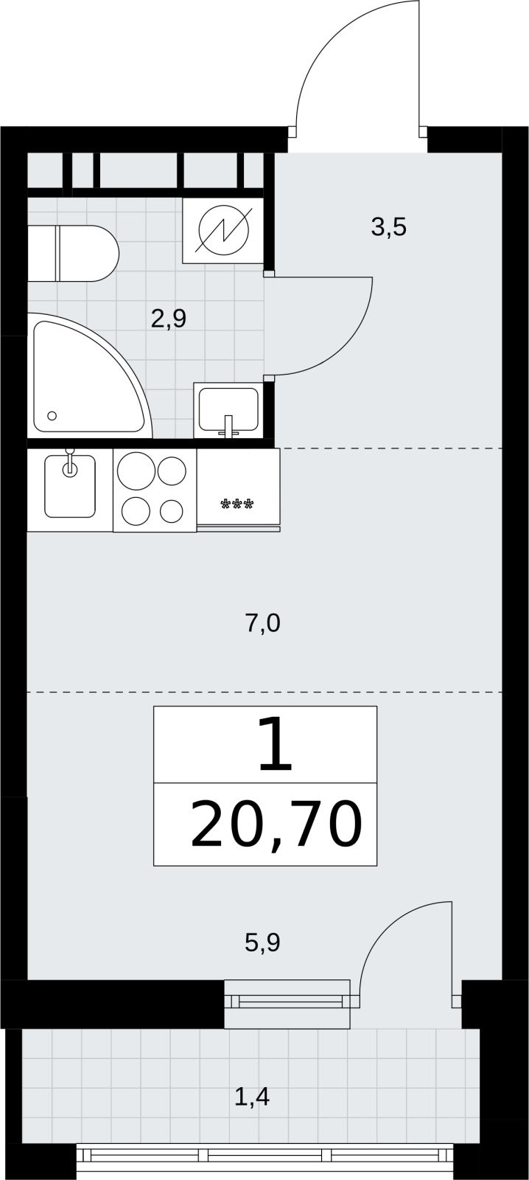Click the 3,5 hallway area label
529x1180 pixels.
[388, 228]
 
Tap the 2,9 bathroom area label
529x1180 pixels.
[169, 319]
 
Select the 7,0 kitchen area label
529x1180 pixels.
[262, 624]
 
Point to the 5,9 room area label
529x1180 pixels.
[262, 943]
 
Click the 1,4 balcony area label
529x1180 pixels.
[252, 1097]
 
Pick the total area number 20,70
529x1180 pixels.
[276, 825]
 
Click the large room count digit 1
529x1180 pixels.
[276, 746]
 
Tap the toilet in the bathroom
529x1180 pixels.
[73, 254]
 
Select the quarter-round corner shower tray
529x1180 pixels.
[89, 375]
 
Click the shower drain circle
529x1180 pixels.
[52, 416]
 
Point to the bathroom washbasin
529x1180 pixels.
[228, 410]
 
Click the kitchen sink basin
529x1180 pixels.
[70, 486]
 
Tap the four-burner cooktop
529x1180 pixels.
[155, 490]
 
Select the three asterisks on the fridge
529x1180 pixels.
[237, 505]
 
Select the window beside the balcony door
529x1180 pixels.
[287, 1004]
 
